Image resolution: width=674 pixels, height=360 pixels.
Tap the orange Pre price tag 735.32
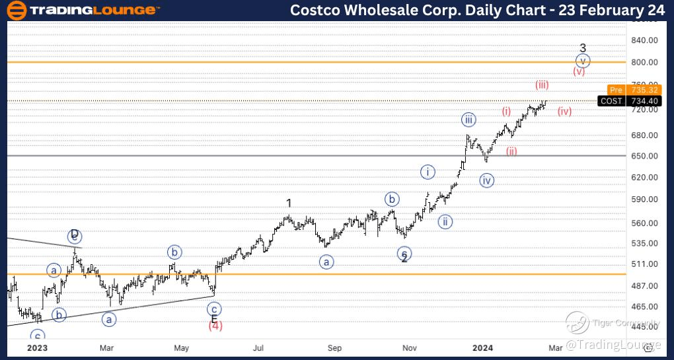pos(624,90)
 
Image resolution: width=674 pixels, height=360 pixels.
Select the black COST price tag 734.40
pos(624,100)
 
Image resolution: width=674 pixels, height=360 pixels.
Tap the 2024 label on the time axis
pos(483,347)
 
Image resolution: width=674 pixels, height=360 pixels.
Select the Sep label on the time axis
pos(335,347)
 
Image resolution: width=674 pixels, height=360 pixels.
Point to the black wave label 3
pos(582,48)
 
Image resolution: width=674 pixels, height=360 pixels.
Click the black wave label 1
pos(289,203)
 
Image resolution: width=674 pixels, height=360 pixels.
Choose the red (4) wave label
pos(215,325)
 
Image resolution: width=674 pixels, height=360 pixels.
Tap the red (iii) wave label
pos(542,85)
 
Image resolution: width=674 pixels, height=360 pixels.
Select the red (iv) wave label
pos(564,111)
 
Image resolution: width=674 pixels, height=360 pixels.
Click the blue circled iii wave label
pos(468,120)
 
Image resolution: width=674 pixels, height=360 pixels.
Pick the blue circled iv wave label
pos(487,180)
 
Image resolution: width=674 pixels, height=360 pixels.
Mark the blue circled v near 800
pos(582,61)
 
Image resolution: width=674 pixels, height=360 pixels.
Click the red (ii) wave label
pos(511,151)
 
